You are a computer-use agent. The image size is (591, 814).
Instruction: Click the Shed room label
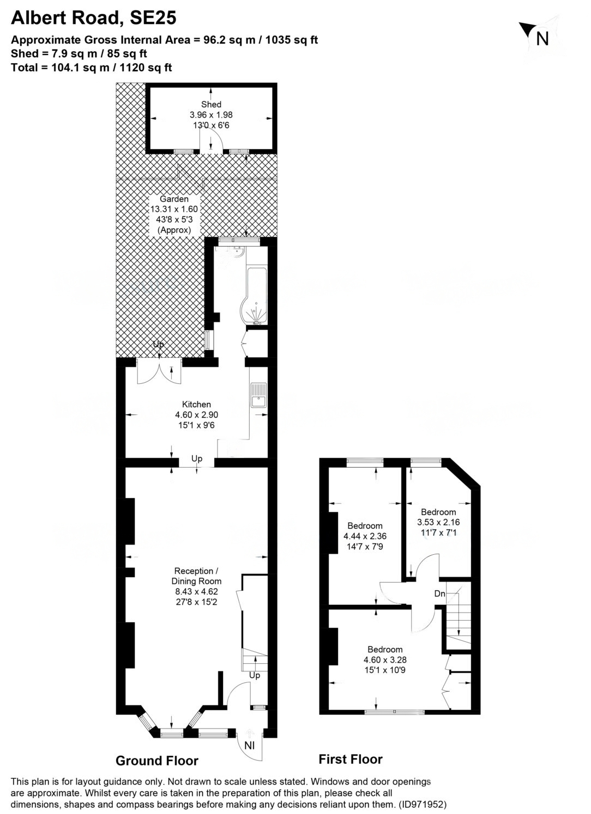point(211,105)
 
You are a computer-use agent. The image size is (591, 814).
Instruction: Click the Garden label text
point(174,199)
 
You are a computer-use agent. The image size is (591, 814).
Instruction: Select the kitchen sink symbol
point(258,395)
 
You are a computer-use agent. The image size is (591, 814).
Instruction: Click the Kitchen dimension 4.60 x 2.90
point(196,415)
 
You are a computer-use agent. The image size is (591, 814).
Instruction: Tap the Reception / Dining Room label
point(196,576)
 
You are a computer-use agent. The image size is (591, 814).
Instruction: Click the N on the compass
point(542,39)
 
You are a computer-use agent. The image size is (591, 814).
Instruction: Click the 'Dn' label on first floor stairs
point(439,593)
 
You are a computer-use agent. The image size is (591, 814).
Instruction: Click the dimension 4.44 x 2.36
point(365,536)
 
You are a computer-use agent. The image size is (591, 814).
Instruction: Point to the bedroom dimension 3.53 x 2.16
point(438,522)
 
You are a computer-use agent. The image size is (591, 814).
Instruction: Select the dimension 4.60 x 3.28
point(385,659)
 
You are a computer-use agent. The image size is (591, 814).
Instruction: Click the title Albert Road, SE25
point(94,18)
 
